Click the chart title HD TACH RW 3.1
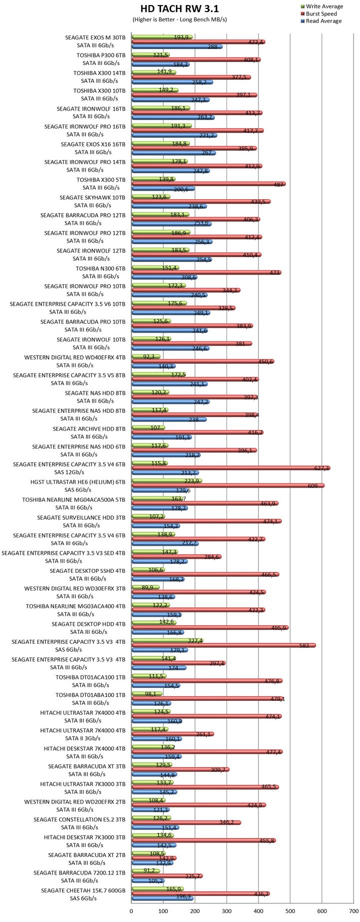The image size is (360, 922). click(x=179, y=9)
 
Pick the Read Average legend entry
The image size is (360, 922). click(x=323, y=21)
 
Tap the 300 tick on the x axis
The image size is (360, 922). click(x=226, y=911)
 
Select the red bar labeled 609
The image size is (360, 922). click(x=227, y=486)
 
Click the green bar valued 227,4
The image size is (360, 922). click(x=167, y=640)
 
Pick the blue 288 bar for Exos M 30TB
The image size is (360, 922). click(x=176, y=47)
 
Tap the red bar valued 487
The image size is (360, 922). click(x=208, y=184)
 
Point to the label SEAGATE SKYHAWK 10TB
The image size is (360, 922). click(x=92, y=197)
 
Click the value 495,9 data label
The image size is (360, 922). click(x=279, y=628)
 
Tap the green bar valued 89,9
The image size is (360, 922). click(x=145, y=587)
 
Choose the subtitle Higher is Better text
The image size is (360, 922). click(x=179, y=20)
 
